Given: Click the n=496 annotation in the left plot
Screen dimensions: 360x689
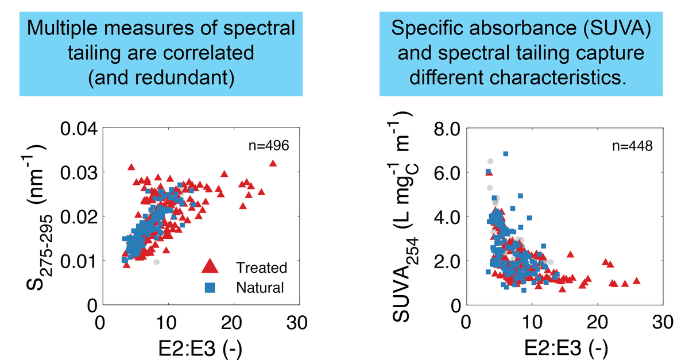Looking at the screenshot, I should click(269, 146).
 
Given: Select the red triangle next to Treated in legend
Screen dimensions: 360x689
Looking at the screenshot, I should click(210, 266).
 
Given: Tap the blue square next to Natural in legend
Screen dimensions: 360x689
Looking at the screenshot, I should click(210, 287).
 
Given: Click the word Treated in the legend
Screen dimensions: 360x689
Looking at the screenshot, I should click(261, 267).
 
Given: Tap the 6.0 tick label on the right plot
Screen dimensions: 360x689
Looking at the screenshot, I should click(446, 173).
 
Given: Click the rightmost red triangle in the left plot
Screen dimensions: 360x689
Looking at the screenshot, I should click(273, 164).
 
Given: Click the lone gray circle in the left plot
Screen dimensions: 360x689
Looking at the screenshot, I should click(156, 262).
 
